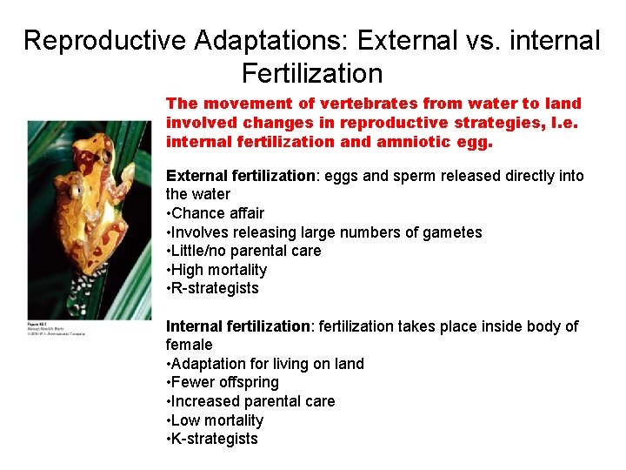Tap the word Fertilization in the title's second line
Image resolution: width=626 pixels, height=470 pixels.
[312, 73]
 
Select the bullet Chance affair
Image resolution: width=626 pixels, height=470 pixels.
[217, 213]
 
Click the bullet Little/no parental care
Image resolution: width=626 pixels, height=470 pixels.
[245, 251]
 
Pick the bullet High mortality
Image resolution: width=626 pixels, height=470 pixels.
[218, 270]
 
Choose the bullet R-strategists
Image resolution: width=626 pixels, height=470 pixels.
[214, 288]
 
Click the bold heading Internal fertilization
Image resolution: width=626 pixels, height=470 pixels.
[238, 326]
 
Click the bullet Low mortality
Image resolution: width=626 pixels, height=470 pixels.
[216, 420]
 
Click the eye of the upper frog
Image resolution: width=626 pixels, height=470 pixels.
[105, 158]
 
